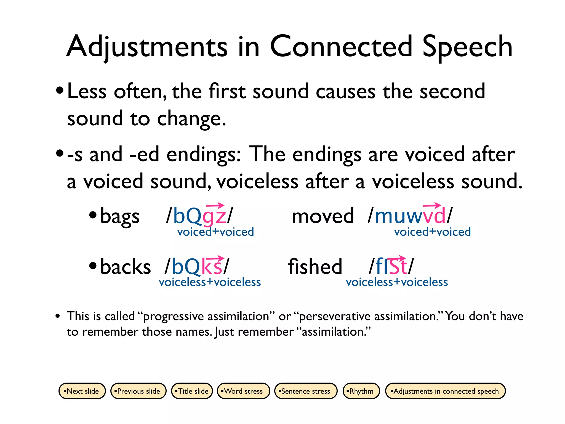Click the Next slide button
pos(82,391)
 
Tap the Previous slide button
pos(138,391)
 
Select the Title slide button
pos(192,391)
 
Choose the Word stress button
pos(243,391)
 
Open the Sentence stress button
pos(306,391)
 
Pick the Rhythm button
pos(361,391)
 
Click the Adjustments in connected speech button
pos(445,391)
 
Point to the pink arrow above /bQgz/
pos(215,205)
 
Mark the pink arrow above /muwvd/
pos(432,205)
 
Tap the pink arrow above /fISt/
pos(397,258)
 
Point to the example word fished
pos(315,266)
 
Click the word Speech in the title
pos(467,47)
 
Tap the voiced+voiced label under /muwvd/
pos(432,232)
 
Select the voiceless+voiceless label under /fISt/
pos(397,282)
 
